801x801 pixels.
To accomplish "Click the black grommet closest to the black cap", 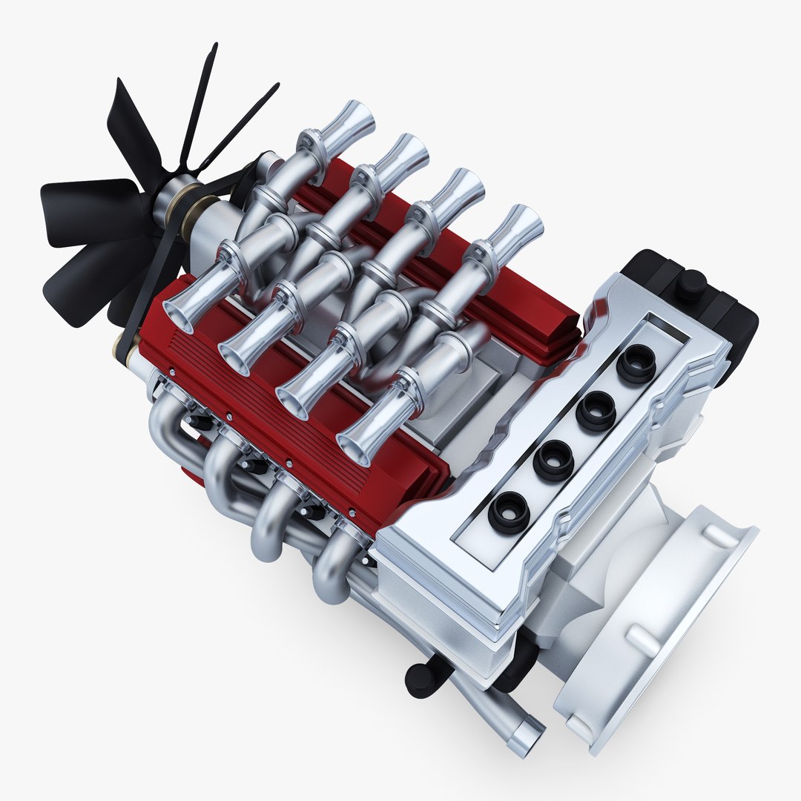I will click(x=636, y=363).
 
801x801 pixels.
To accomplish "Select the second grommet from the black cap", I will click(x=596, y=411).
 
